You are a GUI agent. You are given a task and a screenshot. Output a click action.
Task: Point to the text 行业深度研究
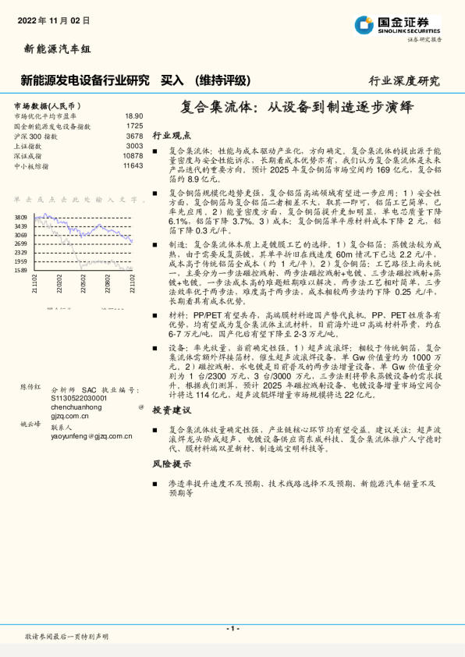pyautogui.click(x=403, y=80)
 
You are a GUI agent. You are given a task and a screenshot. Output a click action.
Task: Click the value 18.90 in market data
pyautogui.click(x=133, y=115)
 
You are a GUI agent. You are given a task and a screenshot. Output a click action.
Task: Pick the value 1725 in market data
pyautogui.click(x=133, y=126)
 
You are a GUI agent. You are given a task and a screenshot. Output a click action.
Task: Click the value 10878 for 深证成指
pyautogui.click(x=132, y=156)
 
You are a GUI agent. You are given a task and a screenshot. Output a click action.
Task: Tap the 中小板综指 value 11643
pyautogui.click(x=132, y=166)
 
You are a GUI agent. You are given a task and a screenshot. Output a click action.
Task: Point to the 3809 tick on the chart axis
pyautogui.click(x=20, y=217)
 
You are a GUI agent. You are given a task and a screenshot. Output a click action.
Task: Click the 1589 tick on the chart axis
pyautogui.click(x=20, y=271)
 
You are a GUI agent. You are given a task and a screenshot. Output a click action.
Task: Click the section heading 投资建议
pyautogui.click(x=172, y=410)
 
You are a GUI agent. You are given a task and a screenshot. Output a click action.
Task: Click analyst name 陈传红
pyautogui.click(x=30, y=386)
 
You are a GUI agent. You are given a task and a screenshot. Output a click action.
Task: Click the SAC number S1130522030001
pyautogui.click(x=78, y=397)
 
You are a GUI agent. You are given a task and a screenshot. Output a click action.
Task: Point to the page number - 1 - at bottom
pyautogui.click(x=232, y=628)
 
